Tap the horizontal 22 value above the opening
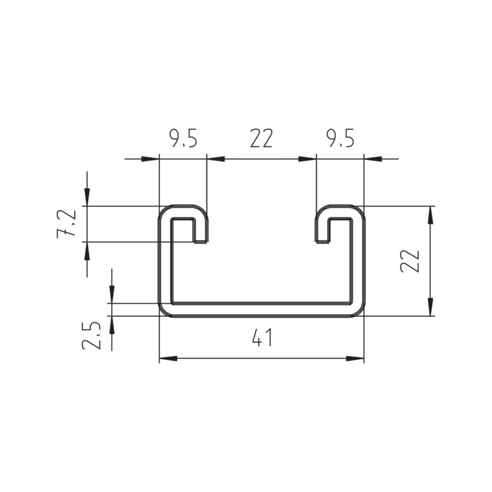[x=261, y=140]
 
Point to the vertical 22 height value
[x=410, y=261]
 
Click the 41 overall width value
[x=261, y=338]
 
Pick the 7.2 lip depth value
[x=67, y=224]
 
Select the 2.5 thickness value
[x=92, y=335]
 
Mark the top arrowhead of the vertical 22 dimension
[x=430, y=215]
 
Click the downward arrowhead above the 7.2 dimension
[x=87, y=197]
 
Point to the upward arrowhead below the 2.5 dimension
[x=112, y=324]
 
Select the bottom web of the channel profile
[x=261, y=309]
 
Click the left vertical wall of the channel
[x=165, y=264]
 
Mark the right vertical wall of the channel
[x=359, y=264]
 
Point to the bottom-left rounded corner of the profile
[x=165, y=311]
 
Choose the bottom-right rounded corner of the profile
[x=359, y=311]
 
